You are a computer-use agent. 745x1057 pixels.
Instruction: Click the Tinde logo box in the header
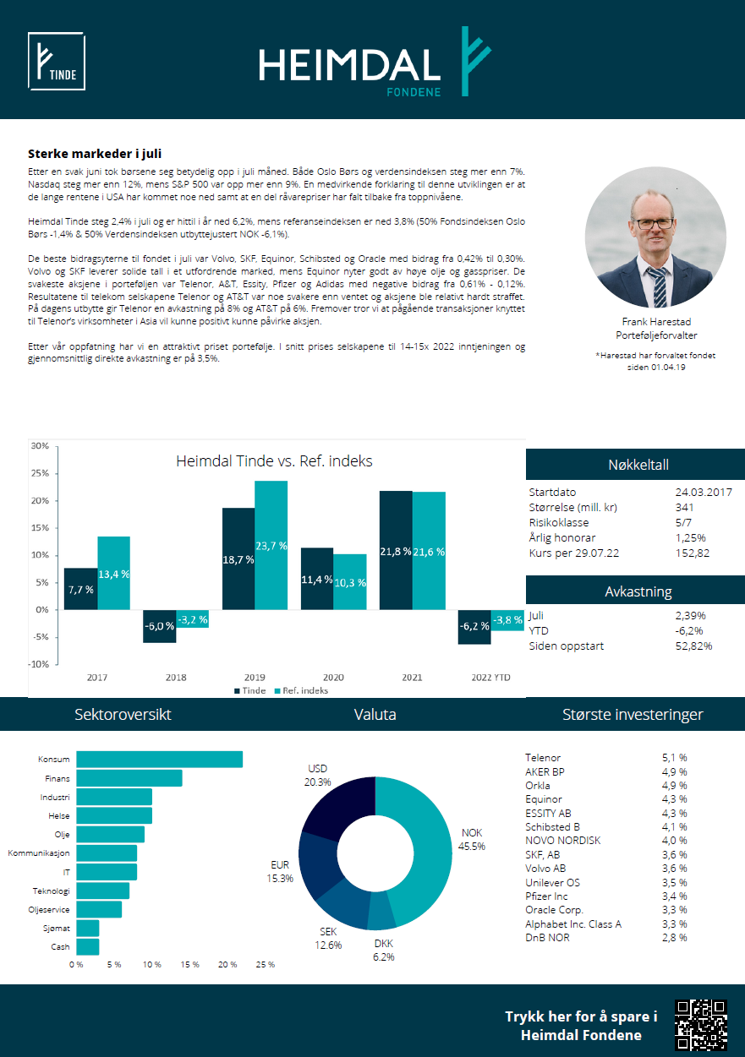tap(57, 61)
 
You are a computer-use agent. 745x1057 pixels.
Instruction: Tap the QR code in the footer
tap(700, 1024)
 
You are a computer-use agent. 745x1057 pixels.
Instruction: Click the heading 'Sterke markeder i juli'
tap(95, 154)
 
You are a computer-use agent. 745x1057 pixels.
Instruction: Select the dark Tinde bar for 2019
tap(238, 558)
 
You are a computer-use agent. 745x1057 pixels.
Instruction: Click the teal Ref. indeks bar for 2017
tap(114, 573)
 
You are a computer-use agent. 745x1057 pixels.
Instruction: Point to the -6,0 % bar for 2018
tap(160, 626)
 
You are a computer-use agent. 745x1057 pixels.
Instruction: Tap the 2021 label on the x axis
tap(412, 677)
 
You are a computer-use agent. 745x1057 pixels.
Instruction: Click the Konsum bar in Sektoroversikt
tap(159, 760)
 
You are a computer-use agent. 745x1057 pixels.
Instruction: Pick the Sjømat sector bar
tap(87, 929)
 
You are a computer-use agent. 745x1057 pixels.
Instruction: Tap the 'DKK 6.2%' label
tap(384, 950)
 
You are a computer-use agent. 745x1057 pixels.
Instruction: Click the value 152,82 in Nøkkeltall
tap(692, 553)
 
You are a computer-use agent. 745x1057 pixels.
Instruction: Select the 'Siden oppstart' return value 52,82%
tap(693, 646)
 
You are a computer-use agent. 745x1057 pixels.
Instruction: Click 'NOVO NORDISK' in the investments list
tap(562, 841)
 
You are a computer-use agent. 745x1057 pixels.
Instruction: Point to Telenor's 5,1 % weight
tap(674, 757)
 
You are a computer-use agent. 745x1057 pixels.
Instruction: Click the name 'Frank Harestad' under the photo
tap(656, 322)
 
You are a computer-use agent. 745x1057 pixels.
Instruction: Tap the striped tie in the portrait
tap(659, 286)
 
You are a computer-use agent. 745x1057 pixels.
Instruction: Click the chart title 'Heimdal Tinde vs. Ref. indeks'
tap(274, 460)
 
